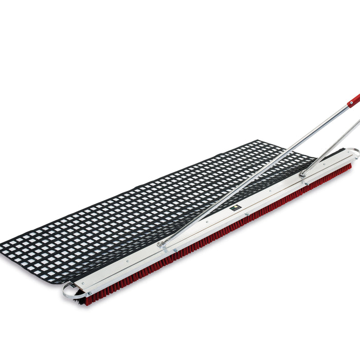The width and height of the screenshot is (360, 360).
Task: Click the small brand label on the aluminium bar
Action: (x=235, y=208)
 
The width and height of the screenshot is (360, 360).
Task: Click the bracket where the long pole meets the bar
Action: (x=163, y=245)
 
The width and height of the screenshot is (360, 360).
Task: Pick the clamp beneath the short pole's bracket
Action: (x=306, y=183)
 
